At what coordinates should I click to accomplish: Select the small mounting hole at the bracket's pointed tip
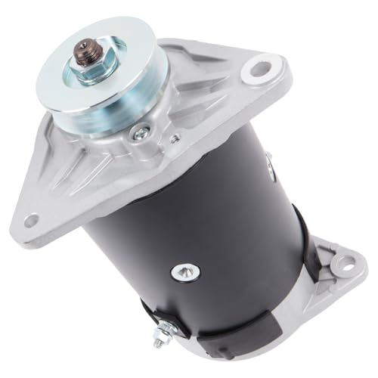(x=31, y=221)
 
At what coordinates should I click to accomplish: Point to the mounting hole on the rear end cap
(x=345, y=264)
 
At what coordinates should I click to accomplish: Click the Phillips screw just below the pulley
(x=138, y=135)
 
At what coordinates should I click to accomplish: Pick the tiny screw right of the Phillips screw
(x=175, y=138)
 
